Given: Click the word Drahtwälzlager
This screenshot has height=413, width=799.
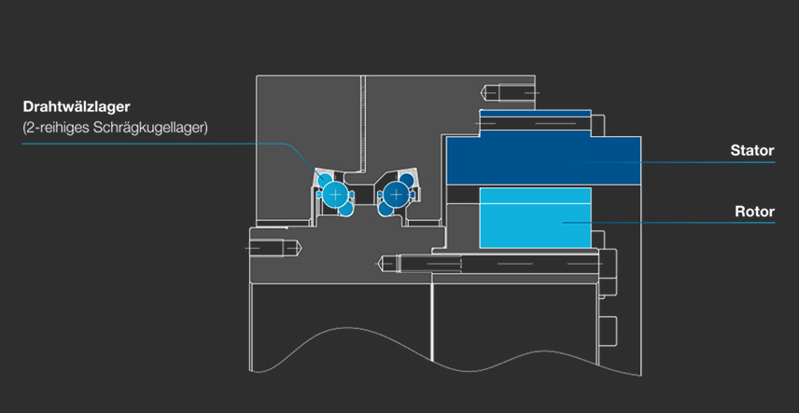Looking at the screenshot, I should [x=77, y=107].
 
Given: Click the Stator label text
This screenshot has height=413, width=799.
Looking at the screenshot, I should [x=752, y=150].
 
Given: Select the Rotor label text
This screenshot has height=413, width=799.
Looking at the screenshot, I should [x=754, y=212].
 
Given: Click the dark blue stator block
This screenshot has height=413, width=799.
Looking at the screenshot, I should [x=541, y=159].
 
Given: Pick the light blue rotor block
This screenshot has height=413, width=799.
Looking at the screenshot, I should [x=534, y=217].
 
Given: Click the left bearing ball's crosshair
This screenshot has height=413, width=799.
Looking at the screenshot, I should [x=335, y=194].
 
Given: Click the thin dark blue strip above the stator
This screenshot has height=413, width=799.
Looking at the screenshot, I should [x=535, y=114].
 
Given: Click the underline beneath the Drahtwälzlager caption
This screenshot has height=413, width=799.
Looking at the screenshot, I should [x=140, y=144].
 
